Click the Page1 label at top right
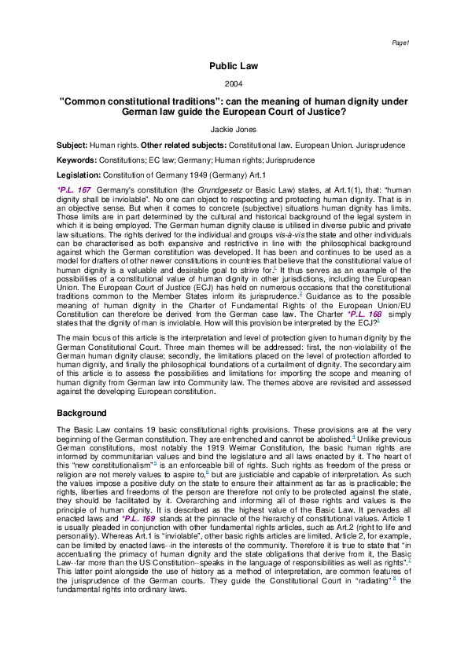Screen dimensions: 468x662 tap(400, 42)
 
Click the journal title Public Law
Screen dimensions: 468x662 tap(234, 66)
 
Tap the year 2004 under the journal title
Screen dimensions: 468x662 tap(234, 83)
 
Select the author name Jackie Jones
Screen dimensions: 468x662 tap(234, 130)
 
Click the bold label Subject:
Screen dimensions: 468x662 tap(72, 145)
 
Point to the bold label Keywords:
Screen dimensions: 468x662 tap(76, 160)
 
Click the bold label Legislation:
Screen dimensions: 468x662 tap(79, 175)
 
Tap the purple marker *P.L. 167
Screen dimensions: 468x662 tap(74, 190)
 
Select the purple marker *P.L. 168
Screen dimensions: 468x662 tap(364, 314)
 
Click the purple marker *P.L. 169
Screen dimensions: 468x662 tap(138, 518)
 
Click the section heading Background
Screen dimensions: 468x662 tap(82, 413)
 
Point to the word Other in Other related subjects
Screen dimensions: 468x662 tap(152, 145)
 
